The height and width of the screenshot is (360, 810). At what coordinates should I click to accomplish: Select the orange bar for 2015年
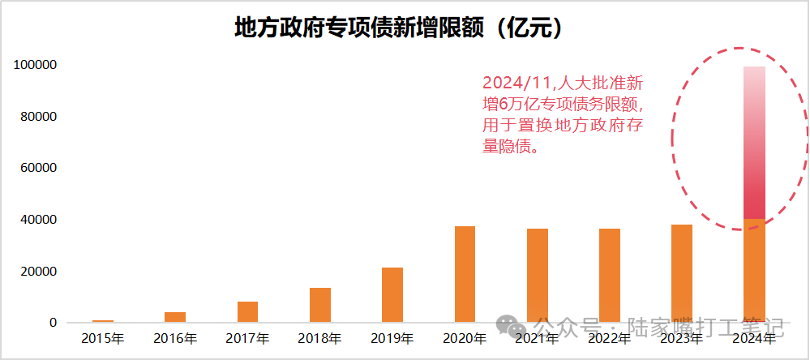pyautogui.click(x=103, y=321)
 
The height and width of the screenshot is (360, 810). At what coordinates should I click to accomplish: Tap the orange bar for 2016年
pyautogui.click(x=175, y=317)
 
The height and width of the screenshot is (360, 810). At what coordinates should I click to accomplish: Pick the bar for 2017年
pyautogui.click(x=247, y=312)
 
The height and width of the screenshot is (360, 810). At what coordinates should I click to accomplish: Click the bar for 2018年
pyautogui.click(x=320, y=305)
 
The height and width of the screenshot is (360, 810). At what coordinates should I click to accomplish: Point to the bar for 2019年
pyautogui.click(x=392, y=295)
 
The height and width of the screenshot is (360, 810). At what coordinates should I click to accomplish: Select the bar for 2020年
pyautogui.click(x=465, y=274)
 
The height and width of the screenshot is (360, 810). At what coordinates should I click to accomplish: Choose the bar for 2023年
pyautogui.click(x=682, y=273)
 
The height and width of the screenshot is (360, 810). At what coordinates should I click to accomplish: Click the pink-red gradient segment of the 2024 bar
pyautogui.click(x=754, y=142)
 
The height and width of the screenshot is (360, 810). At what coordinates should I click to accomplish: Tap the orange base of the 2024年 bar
pyautogui.click(x=754, y=271)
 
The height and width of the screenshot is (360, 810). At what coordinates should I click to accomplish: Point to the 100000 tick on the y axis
pyautogui.click(x=34, y=65)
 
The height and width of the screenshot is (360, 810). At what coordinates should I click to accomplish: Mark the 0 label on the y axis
pyautogui.click(x=53, y=323)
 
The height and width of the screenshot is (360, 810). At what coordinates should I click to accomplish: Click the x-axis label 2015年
pyautogui.click(x=103, y=338)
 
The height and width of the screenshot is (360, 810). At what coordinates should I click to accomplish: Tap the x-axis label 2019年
pyautogui.click(x=392, y=338)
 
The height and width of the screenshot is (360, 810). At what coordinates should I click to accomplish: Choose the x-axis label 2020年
pyautogui.click(x=465, y=338)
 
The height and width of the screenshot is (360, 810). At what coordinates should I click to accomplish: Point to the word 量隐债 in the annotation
pyautogui.click(x=504, y=148)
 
